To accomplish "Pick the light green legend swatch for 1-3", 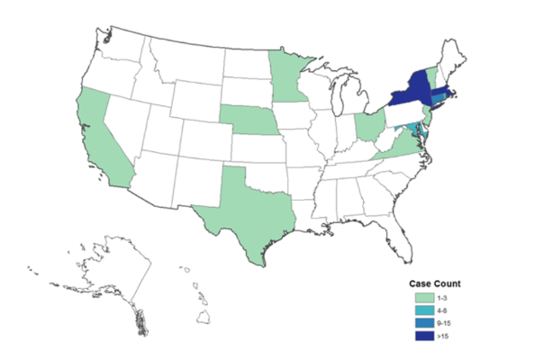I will click(420, 298).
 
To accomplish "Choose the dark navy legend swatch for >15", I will click(420, 337).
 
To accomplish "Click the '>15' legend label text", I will click(440, 337).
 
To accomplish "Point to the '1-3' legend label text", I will click(440, 298).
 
